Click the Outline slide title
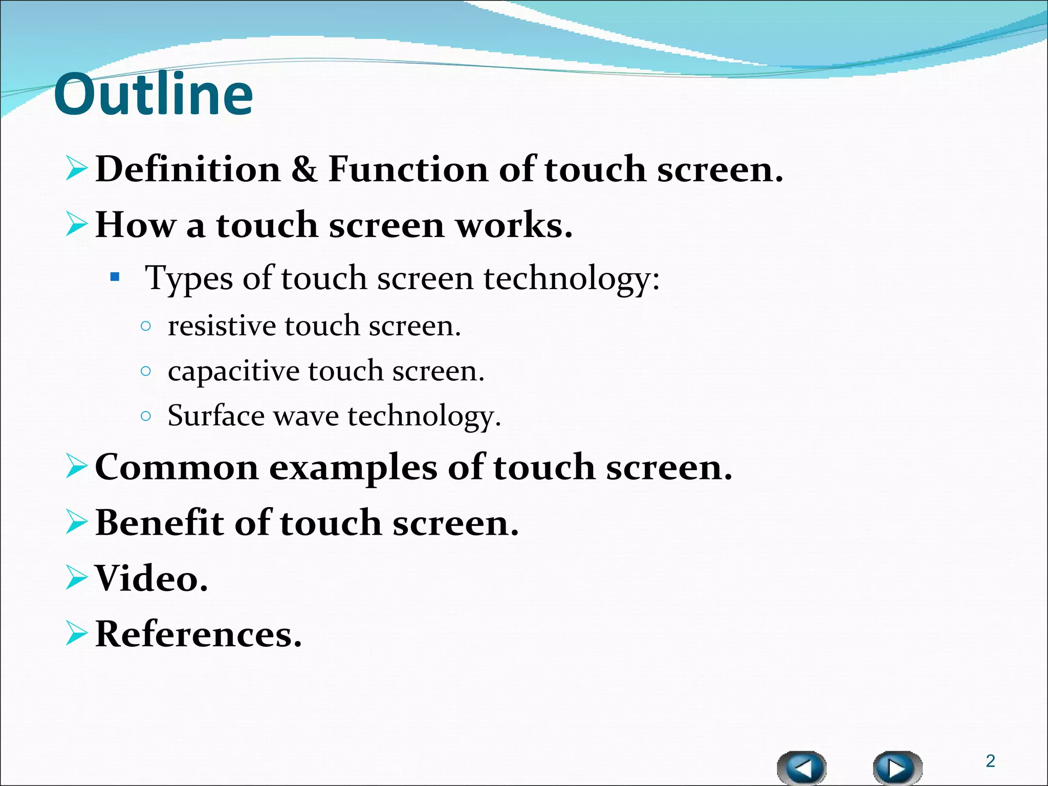click(x=153, y=95)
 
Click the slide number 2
click(x=990, y=761)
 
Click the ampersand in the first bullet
click(x=304, y=170)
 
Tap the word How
click(x=135, y=225)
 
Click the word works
click(x=514, y=225)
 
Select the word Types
click(x=189, y=279)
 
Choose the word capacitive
click(x=233, y=372)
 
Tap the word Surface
click(x=215, y=416)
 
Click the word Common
click(x=177, y=468)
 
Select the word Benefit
click(x=160, y=523)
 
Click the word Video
click(x=151, y=579)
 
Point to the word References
click(x=198, y=635)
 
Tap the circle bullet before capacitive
click(x=146, y=371)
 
